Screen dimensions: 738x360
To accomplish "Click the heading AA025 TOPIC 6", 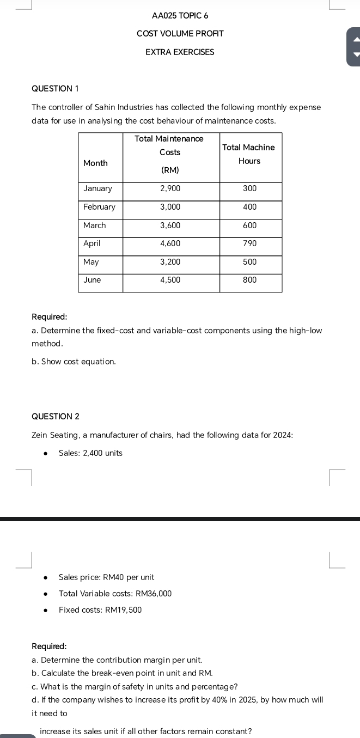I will pos(180,16).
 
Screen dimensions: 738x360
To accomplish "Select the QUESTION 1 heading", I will pos(55,89).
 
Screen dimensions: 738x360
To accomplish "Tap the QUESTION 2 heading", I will pos(56,417).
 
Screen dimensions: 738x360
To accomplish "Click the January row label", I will pos(97,188).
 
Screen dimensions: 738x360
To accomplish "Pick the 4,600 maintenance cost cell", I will pos(170,243).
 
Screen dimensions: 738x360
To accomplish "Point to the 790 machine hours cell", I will pos(249,243).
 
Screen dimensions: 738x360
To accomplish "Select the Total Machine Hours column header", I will pos(249,154).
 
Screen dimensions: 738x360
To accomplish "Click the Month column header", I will pos(95,163).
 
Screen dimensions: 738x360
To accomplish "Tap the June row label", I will pos(92,280).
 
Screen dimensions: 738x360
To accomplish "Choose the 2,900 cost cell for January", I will pos(170,188).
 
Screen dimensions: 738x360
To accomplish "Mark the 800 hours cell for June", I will pos(249,280).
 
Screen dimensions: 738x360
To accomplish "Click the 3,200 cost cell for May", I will pos(170,262).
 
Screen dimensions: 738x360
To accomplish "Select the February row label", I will pos(99,207).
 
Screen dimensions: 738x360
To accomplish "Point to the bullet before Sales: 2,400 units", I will pos(46,454).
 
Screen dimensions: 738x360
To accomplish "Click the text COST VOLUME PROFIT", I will pos(180,34).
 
